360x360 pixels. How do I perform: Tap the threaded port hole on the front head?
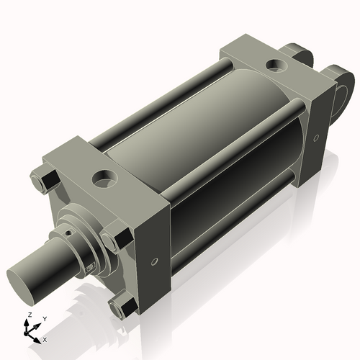[104, 176]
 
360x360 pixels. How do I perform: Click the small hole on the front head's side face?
[153, 261]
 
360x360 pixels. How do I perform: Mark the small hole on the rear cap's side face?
[316, 138]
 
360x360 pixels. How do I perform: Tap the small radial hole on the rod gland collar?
[70, 233]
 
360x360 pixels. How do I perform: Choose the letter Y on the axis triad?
[44, 319]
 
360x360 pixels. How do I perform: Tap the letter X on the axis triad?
[45, 339]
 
